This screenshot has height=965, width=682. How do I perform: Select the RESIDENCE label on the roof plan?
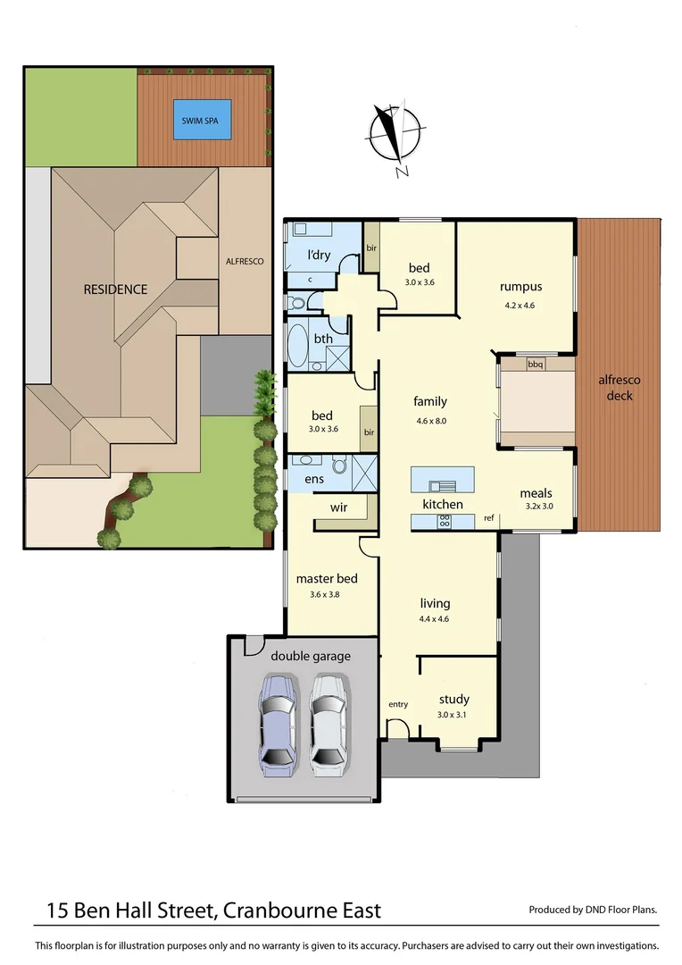(x=115, y=289)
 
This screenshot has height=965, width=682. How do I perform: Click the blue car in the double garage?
(x=278, y=723)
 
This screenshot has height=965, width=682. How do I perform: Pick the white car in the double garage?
(x=328, y=723)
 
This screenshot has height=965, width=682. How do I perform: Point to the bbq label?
(x=536, y=365)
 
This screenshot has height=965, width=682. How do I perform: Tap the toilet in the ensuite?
(x=338, y=466)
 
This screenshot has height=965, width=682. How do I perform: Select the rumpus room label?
(x=520, y=287)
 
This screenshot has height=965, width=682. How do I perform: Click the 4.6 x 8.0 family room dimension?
(x=430, y=421)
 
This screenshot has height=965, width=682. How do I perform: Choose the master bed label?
(x=326, y=578)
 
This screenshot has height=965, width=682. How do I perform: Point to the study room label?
(x=453, y=700)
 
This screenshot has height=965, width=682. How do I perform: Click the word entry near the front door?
(x=398, y=705)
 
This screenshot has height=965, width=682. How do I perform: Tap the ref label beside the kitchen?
(x=489, y=518)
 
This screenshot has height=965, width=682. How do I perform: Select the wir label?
(x=338, y=508)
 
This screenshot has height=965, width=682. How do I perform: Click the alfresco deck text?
(x=620, y=387)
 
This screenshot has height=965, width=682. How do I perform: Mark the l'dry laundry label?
(x=319, y=256)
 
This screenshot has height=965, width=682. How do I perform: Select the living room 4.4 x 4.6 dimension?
(x=436, y=618)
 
